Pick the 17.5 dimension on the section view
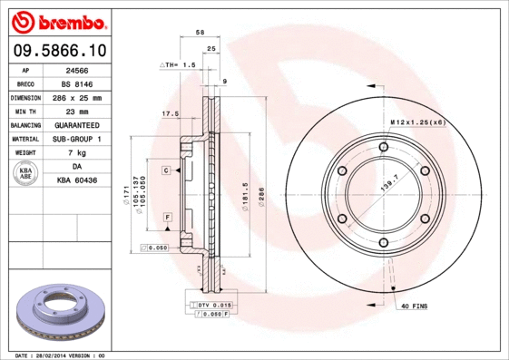coord(168,114)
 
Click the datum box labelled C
coord(168,170)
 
